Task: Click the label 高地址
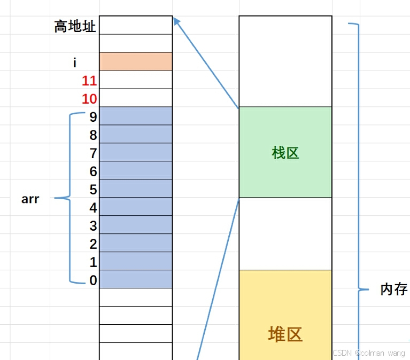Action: [x=75, y=26]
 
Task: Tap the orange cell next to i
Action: [x=136, y=61]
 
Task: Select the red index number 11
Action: [x=89, y=81]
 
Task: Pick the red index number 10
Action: [x=89, y=99]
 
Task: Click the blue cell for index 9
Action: [x=136, y=116]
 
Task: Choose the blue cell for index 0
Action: [x=136, y=279]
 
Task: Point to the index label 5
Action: [x=94, y=190]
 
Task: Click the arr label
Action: [x=30, y=200]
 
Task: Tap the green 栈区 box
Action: [x=285, y=153]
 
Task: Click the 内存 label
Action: [x=394, y=289]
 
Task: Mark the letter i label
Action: [x=75, y=63]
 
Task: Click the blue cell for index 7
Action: [x=136, y=152]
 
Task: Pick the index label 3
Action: [x=94, y=226]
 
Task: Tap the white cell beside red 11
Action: [x=136, y=80]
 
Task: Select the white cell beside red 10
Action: [x=136, y=98]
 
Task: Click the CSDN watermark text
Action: [x=368, y=354]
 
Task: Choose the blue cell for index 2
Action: [x=136, y=243]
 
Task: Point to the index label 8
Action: [x=94, y=135]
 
